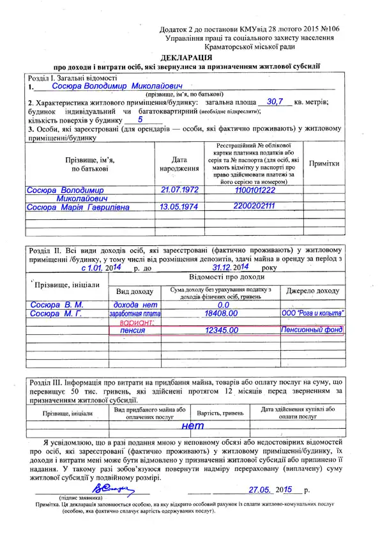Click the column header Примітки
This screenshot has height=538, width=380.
coord(324,164)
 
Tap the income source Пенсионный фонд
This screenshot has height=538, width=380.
coord(312,330)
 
